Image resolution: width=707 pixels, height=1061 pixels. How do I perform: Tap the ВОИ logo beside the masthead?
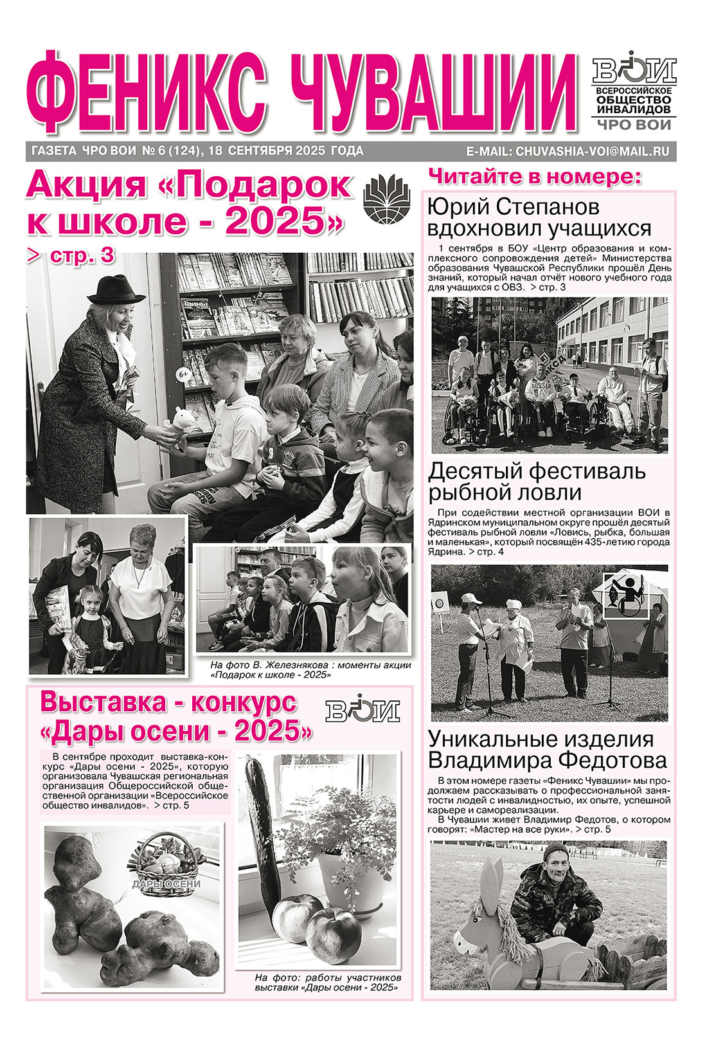pyautogui.click(x=634, y=68)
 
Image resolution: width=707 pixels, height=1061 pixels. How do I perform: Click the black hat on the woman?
pyautogui.click(x=116, y=290)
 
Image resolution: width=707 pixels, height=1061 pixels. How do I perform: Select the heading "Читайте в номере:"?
pyautogui.click(x=535, y=176)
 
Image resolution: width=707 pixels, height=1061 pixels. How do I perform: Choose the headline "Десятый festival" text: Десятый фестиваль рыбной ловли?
pyautogui.click(x=537, y=482)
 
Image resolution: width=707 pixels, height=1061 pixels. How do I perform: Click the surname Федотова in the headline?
pyautogui.click(x=611, y=761)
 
